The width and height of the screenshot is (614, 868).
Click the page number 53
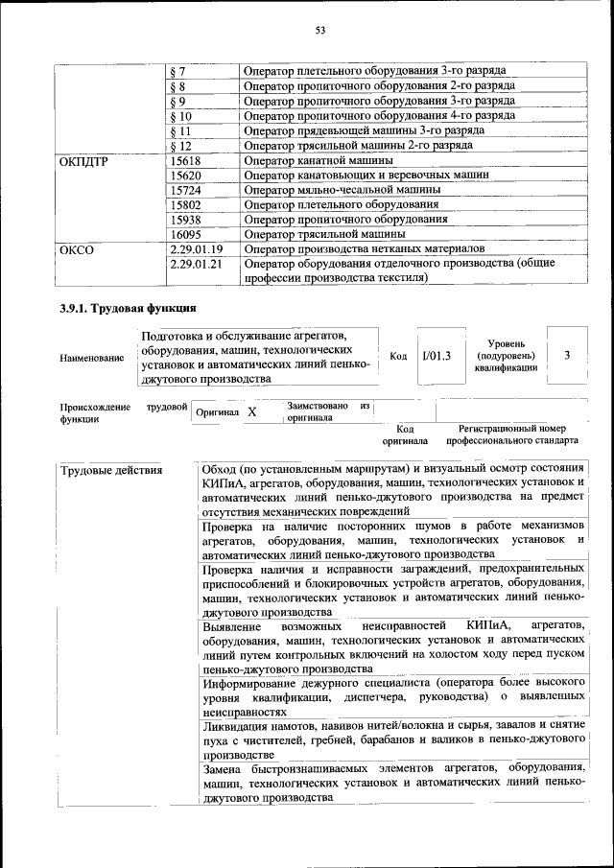pos(321,31)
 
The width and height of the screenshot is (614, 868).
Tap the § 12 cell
pos(180,146)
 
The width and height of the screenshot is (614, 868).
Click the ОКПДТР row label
pos(83,161)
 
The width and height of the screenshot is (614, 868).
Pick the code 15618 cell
pos(183,161)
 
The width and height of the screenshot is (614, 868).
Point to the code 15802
pos(183,204)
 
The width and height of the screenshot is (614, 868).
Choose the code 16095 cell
pos(183,234)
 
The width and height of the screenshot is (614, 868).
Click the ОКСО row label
pos(77,249)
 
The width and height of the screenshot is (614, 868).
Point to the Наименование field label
pos(91,359)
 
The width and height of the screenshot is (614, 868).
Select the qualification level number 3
pos(567,356)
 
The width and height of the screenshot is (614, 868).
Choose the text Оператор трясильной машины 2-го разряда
pos(358,146)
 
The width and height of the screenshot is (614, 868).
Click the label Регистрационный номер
pos(511,429)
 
